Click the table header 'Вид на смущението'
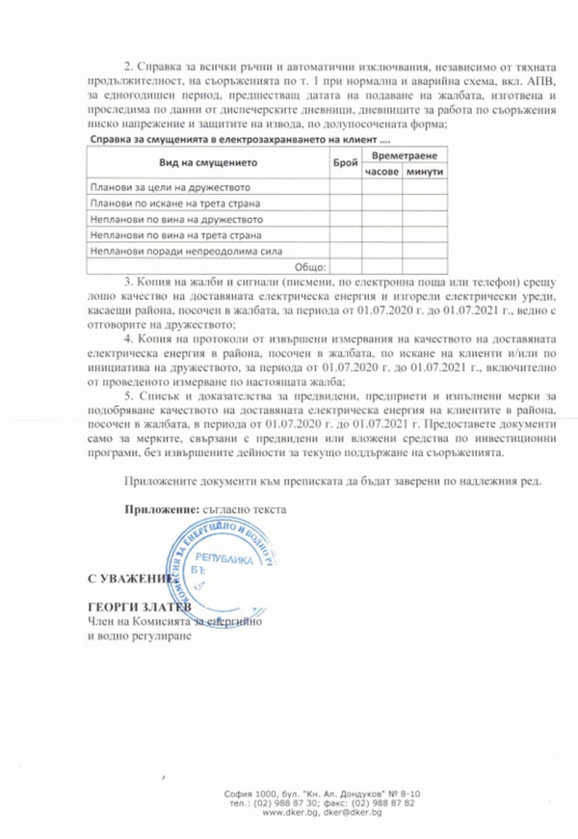tap(203, 164)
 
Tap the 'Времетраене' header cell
tap(404, 156)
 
